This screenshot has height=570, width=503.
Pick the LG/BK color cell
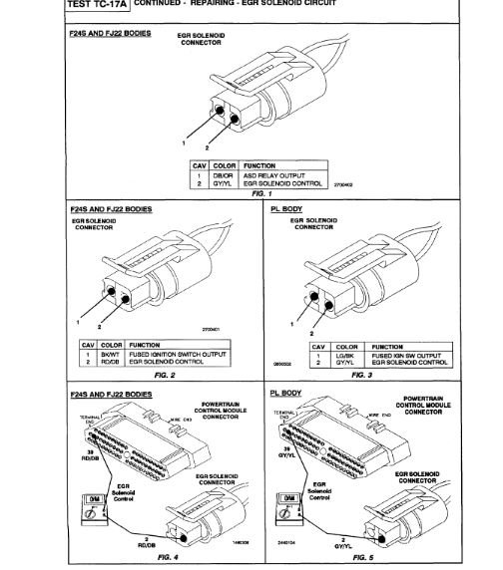tap(317, 354)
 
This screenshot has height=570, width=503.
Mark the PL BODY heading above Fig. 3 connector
tap(287, 210)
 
